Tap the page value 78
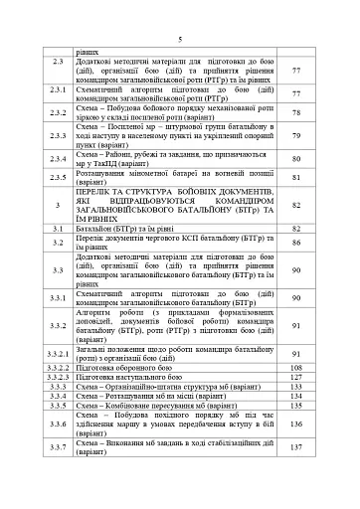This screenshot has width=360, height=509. click(296, 113)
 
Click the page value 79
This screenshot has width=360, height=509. click(296, 136)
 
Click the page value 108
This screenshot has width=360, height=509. click(295, 368)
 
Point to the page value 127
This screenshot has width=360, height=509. click(295, 378)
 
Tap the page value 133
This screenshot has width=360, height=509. click(295, 387)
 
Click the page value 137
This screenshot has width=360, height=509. click(295, 448)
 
